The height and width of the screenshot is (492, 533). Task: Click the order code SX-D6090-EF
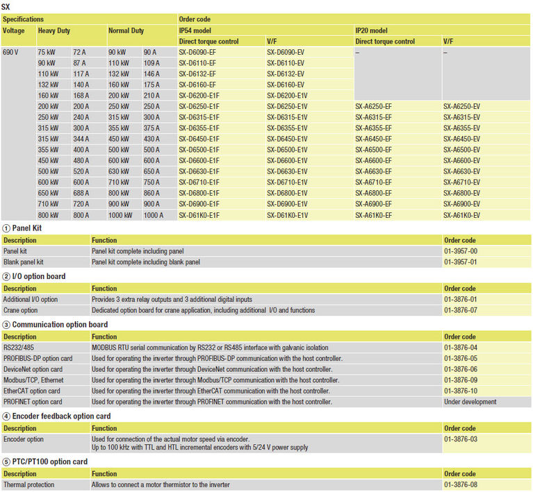197,52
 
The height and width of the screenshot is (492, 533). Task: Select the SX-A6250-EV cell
461,106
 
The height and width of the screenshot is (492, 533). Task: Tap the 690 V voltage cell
11,52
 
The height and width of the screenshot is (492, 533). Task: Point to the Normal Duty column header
126,31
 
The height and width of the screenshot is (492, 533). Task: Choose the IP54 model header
195,31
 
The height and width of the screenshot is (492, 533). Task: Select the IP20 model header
372,31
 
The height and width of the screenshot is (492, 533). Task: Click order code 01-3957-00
459,251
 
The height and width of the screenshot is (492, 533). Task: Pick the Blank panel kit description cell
24,262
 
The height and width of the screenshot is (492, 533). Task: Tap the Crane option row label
21,310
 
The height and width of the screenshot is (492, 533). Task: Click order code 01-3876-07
459,310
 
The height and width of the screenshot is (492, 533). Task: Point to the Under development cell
470,402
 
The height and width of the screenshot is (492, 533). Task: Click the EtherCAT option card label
31,391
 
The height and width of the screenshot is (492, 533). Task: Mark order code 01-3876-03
459,439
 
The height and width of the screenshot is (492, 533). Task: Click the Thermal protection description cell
28,484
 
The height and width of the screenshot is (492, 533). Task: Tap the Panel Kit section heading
28,228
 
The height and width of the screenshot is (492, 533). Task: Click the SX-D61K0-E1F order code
199,216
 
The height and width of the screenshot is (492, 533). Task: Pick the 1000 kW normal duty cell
119,216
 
